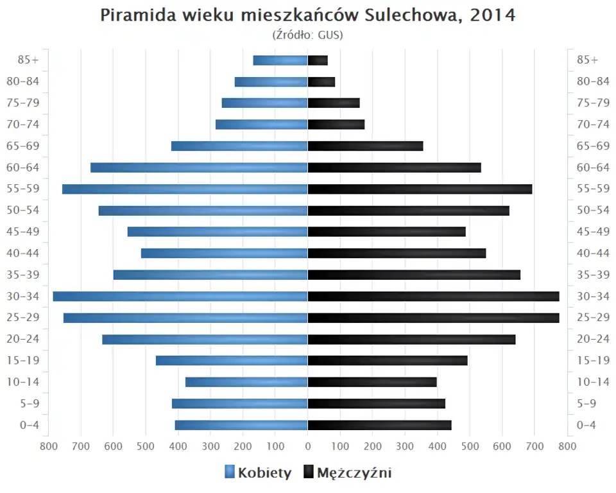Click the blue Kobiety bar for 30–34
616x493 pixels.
coord(180,296)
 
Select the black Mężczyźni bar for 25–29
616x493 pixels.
coord(433,318)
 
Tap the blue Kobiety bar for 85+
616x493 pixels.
coord(280,60)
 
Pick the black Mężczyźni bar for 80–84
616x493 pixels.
coord(321,82)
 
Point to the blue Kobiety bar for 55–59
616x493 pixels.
coord(185,189)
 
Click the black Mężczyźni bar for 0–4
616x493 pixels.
coord(379,425)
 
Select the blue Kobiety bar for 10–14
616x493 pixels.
coord(246,382)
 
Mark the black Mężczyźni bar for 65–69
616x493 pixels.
coord(365,146)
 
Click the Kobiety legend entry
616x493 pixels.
coord(258,473)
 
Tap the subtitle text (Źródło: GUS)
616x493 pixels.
coord(308,35)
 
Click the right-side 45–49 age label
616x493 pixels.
coord(593,232)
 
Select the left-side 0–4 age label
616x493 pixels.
coord(30,425)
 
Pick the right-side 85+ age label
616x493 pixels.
coord(587,60)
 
